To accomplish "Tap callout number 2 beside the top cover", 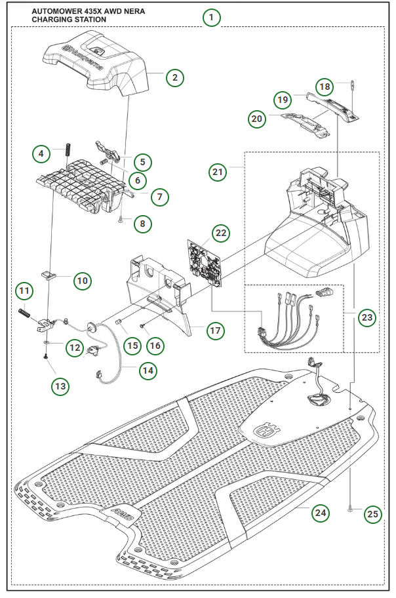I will coord(174,77).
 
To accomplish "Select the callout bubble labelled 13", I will coord(61,386).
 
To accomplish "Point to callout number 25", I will coord(372,514).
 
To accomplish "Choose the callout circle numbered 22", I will coord(221,233).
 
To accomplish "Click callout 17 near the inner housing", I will coord(214,330).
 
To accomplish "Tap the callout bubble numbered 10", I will coord(82,281).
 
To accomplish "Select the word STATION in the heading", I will coord(92,20).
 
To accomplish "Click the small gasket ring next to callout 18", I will coord(353,85).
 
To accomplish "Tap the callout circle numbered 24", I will coord(320,513).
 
